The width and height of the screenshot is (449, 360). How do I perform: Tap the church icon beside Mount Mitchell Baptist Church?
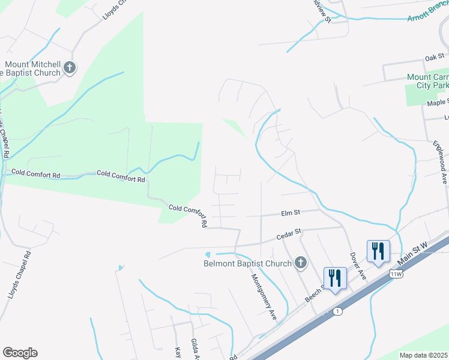(x=70, y=67)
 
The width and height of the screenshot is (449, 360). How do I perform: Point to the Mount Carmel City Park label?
(x=427, y=82)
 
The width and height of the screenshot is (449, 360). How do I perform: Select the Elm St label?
(x=291, y=212)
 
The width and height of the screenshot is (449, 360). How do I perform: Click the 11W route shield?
(x=395, y=273)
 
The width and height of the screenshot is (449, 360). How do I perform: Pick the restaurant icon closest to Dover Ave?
(x=378, y=251)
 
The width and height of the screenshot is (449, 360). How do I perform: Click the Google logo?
(x=20, y=353)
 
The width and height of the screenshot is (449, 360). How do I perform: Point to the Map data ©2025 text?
(x=423, y=355)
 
